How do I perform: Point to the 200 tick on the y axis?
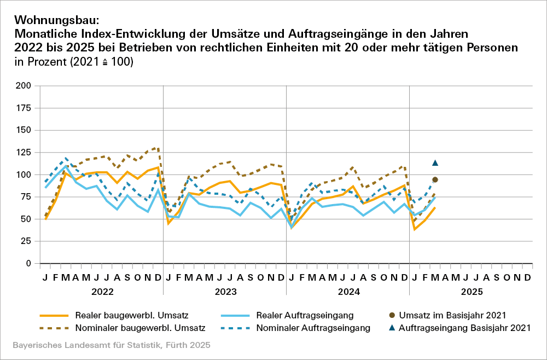(x=24, y=86)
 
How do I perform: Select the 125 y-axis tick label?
(x=24, y=152)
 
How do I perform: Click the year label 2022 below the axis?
(x=101, y=292)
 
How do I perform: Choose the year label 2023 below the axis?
(x=225, y=292)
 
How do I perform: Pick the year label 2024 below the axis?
(x=348, y=292)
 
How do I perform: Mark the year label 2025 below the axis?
(x=472, y=292)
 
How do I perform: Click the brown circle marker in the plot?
(x=435, y=180)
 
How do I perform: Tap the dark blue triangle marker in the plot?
(x=435, y=162)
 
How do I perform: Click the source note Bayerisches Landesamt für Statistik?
(x=110, y=346)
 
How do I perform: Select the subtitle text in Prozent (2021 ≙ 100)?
(x=74, y=62)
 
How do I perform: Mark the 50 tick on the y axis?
(x=26, y=219)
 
